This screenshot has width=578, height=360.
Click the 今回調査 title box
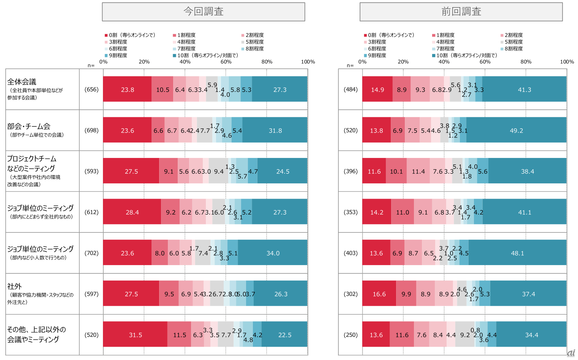[204, 12]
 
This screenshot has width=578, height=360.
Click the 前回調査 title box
[461, 12]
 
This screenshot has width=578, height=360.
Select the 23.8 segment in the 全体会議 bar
[127, 90]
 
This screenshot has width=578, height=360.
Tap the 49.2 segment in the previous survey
[516, 130]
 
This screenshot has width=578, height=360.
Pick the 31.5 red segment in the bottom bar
[135, 335]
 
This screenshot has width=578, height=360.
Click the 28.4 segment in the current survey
[132, 212]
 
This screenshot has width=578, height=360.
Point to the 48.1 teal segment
[517, 253]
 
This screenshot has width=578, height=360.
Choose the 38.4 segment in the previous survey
[527, 171]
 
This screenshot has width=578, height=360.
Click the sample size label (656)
[92, 90]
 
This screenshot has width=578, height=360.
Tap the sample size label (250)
[351, 335]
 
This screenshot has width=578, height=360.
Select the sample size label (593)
[92, 171]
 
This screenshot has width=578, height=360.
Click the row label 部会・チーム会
[29, 126]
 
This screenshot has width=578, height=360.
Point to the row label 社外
[14, 286]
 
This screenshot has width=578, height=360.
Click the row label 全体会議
[22, 82]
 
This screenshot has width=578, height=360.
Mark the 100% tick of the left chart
[308, 62]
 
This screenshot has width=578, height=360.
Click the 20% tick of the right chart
[403, 62]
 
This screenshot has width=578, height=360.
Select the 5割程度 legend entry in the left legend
[254, 42]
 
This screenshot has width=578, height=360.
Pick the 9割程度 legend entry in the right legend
[377, 55]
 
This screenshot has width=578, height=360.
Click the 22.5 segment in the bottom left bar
[284, 335]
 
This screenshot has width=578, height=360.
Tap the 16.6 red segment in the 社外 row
[379, 294]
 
